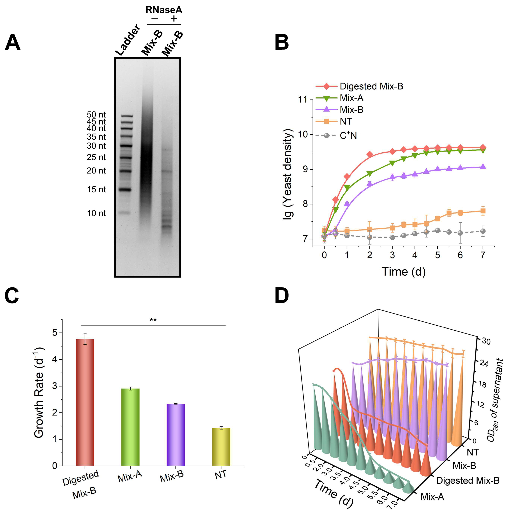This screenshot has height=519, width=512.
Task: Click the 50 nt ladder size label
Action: [96, 115]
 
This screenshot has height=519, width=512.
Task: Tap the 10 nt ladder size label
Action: [96, 213]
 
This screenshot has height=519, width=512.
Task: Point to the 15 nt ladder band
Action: [126, 189]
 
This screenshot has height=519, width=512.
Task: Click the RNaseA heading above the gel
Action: [164, 10]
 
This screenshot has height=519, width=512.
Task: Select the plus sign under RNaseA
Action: [174, 18]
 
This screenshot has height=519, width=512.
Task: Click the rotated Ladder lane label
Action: [128, 40]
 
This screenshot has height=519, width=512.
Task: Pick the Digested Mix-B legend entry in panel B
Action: [359, 86]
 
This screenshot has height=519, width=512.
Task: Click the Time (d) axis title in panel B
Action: [403, 272]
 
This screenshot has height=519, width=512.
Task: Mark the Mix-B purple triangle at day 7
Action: [483, 167]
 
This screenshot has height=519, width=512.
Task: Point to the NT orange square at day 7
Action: [483, 211]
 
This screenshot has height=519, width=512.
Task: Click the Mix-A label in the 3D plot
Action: [432, 497]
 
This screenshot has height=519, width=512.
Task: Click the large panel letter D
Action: [281, 296]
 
